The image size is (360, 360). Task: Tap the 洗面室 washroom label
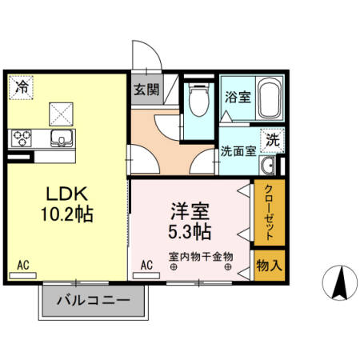(238, 150)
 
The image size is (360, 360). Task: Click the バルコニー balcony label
(94, 302)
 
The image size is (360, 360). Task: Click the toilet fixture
(198, 104)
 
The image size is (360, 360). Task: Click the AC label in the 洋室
(147, 265)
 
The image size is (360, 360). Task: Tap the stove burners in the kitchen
(20, 138)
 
